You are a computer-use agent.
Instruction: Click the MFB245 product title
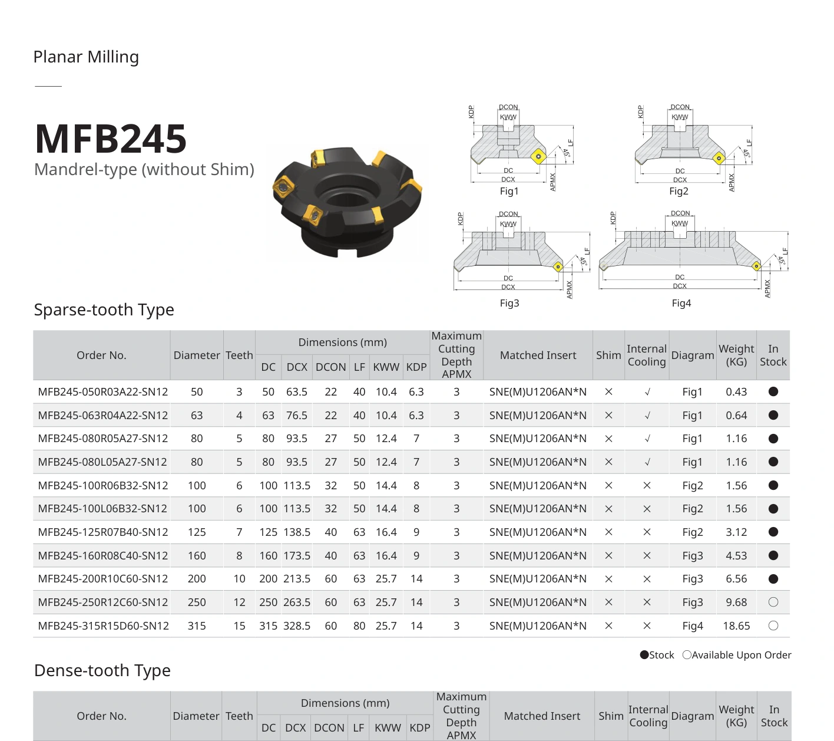click(111, 139)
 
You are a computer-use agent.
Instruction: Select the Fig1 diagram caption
click(509, 191)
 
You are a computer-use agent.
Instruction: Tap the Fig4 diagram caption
click(681, 304)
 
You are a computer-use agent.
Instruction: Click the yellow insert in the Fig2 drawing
click(719, 158)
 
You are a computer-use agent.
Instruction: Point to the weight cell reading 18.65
click(736, 626)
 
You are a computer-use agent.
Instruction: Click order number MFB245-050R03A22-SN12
click(103, 392)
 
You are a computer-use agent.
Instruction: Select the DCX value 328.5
click(297, 626)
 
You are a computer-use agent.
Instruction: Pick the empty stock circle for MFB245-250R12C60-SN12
click(773, 602)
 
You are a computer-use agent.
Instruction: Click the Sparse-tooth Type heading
click(104, 309)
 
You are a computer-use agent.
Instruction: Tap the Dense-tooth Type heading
click(102, 670)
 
